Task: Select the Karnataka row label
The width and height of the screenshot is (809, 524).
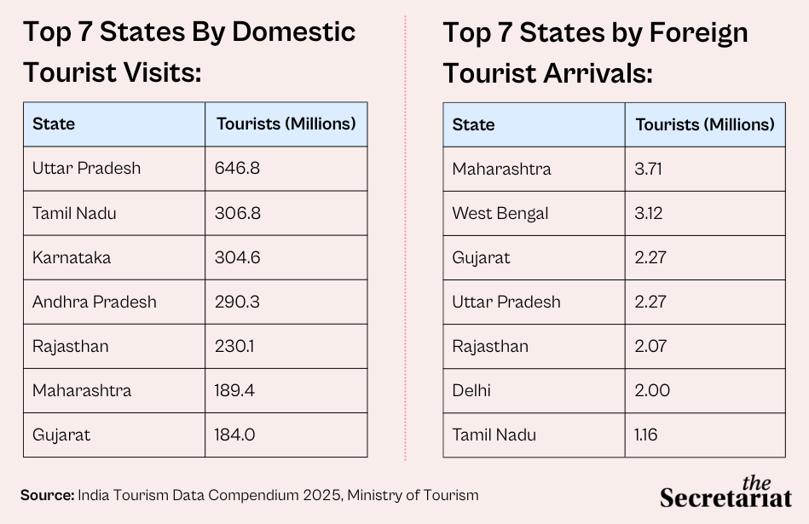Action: point(72,257)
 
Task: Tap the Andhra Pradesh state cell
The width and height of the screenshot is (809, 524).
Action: point(95,302)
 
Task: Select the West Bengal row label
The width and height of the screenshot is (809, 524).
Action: point(500,213)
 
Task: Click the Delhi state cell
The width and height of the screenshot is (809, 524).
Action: point(471,391)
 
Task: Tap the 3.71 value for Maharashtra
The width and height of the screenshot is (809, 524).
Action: point(649,169)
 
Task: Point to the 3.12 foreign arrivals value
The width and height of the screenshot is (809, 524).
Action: point(649,213)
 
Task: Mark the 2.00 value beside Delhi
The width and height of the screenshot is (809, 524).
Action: point(652,391)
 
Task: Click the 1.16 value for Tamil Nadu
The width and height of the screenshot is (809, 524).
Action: point(646,435)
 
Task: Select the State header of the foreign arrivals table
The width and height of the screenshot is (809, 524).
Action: point(474,124)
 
